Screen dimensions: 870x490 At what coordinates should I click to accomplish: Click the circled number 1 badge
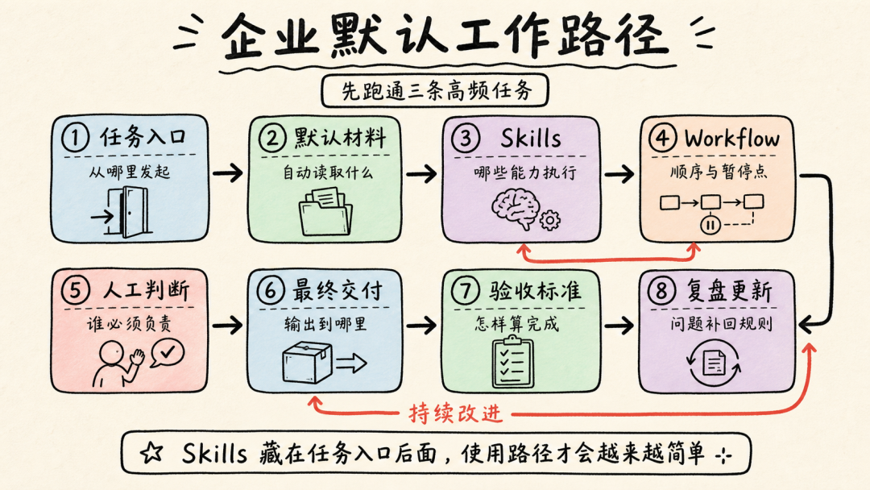(76, 137)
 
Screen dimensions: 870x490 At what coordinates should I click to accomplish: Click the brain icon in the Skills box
(515, 208)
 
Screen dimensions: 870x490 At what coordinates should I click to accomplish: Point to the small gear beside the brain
(549, 220)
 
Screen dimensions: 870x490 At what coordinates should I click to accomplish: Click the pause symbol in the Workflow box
(710, 225)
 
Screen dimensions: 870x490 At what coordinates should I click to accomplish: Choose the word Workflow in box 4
(731, 138)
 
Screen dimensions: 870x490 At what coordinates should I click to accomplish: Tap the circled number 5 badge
(76, 290)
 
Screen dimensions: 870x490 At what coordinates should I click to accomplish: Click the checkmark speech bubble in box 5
(167, 353)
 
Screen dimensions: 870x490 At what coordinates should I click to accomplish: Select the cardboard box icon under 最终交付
(308, 362)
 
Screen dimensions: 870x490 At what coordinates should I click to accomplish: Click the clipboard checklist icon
(513, 362)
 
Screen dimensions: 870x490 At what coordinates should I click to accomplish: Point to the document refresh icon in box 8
(714, 363)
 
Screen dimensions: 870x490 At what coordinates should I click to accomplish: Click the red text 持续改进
(455, 413)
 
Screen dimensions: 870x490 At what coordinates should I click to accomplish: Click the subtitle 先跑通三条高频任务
(436, 90)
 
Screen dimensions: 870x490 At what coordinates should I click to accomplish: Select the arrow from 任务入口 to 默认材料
(227, 173)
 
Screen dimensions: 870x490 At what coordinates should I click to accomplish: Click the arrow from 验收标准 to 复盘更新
(619, 325)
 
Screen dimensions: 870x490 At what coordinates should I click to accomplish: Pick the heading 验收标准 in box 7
(535, 290)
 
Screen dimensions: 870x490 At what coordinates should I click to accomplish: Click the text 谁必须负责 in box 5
(129, 323)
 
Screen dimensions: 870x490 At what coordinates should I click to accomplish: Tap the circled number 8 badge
(661, 290)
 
